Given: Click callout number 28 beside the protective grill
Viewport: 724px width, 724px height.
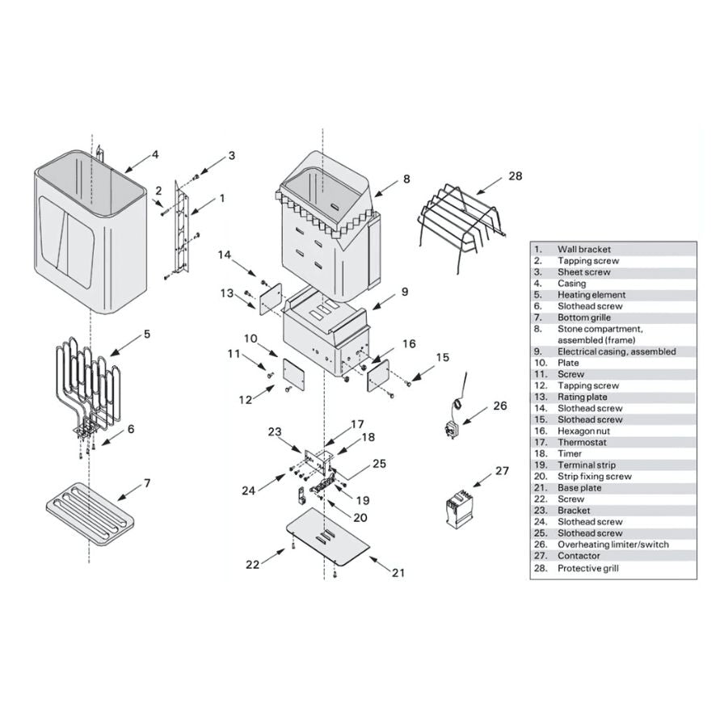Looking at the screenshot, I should click(x=516, y=175).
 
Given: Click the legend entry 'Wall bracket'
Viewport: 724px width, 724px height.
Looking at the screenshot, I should click(x=584, y=250).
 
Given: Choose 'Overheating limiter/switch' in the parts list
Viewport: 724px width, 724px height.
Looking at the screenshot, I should click(x=612, y=545).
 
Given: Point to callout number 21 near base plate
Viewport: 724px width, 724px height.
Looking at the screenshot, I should click(x=398, y=573).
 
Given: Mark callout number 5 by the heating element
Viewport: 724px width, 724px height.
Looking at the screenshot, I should click(x=147, y=333).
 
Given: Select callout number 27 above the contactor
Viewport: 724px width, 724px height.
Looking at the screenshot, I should click(x=503, y=470).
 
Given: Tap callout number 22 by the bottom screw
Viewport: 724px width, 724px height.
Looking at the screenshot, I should click(x=253, y=565).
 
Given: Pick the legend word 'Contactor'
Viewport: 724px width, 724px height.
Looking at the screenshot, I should click(x=579, y=556).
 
